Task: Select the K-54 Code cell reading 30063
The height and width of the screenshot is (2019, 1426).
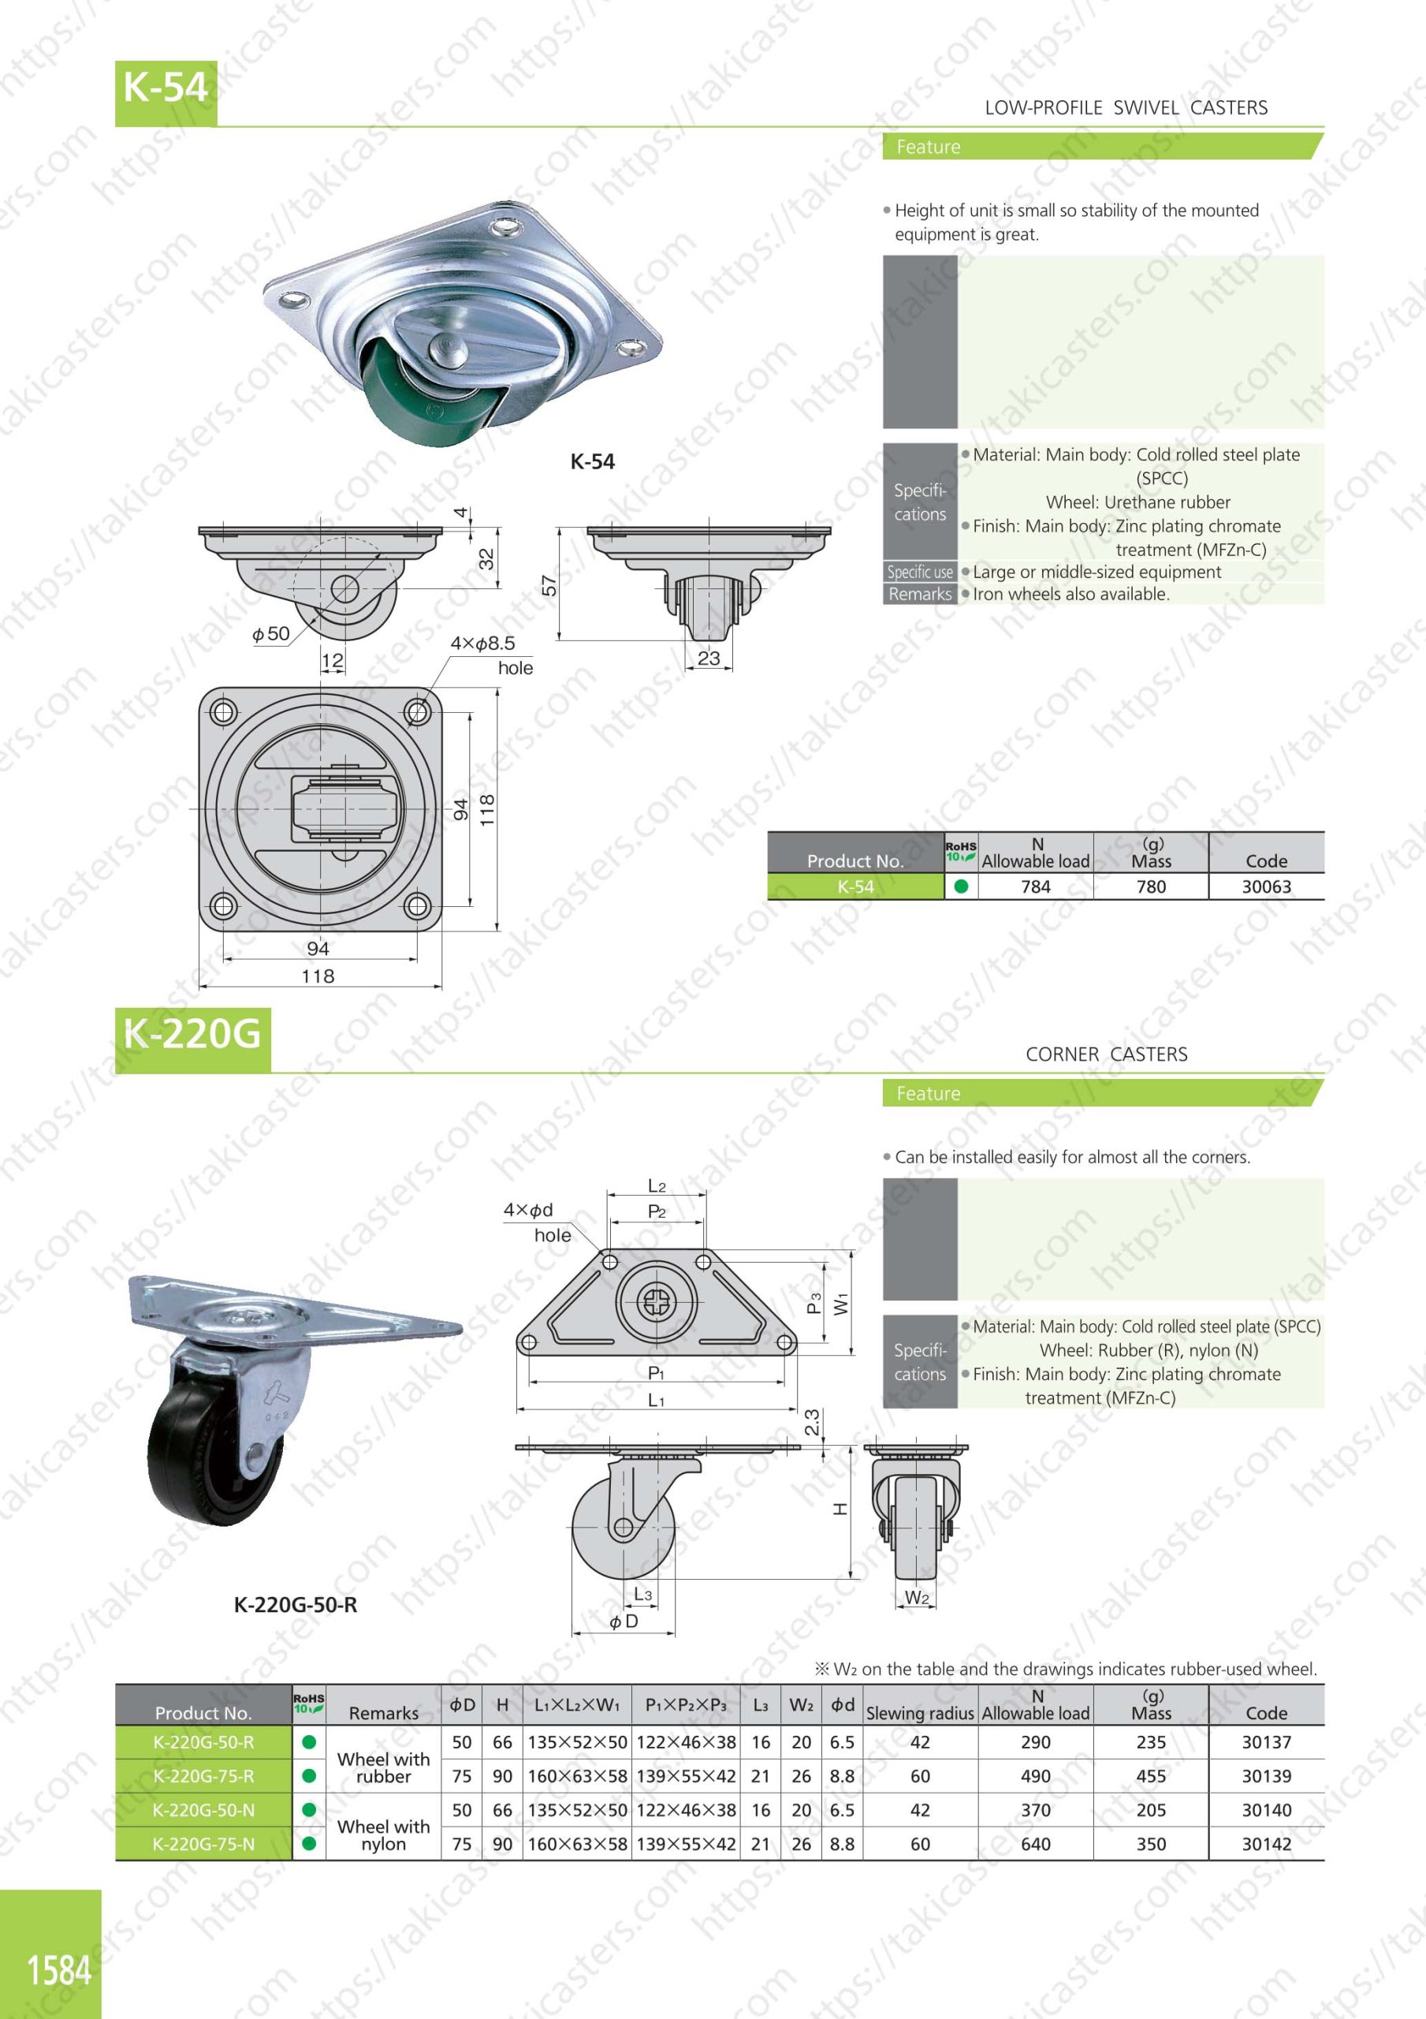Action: (1266, 886)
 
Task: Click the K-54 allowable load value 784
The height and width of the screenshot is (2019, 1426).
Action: (1036, 886)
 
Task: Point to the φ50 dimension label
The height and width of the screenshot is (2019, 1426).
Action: (271, 633)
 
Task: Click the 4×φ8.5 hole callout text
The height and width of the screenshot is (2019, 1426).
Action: (482, 643)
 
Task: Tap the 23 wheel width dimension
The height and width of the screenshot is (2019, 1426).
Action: (709, 657)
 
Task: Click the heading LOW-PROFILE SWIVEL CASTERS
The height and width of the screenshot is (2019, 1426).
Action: (1126, 108)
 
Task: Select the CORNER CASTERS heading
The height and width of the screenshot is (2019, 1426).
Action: (1106, 1054)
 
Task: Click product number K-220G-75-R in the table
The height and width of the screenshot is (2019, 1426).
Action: (203, 1776)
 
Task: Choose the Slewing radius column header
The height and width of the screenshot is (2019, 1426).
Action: (920, 1713)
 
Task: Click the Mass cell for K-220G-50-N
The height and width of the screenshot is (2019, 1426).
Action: (1151, 1810)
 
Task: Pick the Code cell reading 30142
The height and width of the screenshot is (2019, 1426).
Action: (1266, 1844)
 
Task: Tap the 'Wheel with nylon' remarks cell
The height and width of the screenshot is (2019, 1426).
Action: (383, 1835)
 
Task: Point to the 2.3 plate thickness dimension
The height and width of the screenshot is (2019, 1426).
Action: (813, 1422)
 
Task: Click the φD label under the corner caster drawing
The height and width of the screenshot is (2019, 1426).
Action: (624, 1621)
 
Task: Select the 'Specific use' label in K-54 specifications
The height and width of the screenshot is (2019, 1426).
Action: (920, 572)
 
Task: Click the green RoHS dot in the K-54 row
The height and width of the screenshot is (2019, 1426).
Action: (960, 886)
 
